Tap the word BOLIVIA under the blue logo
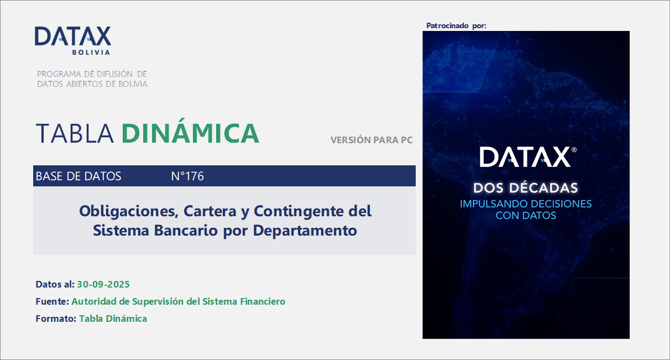coord(91,53)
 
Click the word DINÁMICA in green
coord(190,133)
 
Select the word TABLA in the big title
coord(75,133)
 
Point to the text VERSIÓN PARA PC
coord(371,140)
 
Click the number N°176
coord(187,176)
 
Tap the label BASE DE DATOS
coord(78,176)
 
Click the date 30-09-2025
coord(103,284)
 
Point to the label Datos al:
coord(55,284)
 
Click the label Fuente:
coord(52,301)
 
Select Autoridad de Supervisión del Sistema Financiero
coord(179,301)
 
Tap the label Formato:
coord(56,319)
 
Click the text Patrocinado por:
coord(457,26)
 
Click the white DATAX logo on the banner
coord(526,158)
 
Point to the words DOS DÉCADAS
coord(526,187)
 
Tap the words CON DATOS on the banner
coord(526,216)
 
